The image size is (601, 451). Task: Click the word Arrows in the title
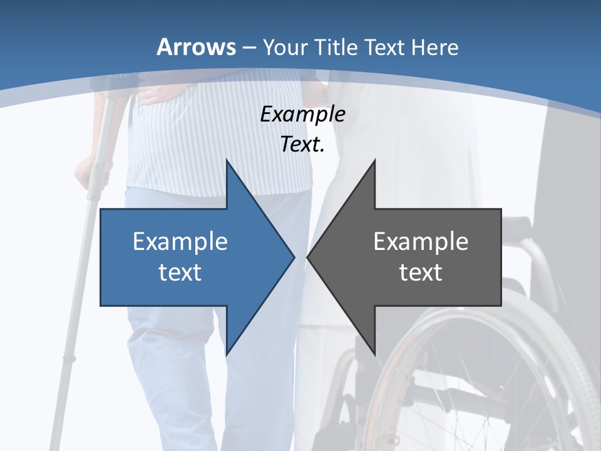point(196,47)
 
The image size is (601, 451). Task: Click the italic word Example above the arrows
point(302,114)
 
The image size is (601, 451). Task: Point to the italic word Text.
point(302,144)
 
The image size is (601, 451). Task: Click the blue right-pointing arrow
point(188,257)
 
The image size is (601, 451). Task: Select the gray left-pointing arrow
point(413,257)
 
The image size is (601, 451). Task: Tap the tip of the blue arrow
point(292,257)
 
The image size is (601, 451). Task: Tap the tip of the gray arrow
point(309,257)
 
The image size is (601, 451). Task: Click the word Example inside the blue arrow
point(180,241)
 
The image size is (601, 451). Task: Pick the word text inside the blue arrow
point(180,272)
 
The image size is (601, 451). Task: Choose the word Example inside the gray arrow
point(421,241)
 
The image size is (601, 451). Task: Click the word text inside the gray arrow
point(421,272)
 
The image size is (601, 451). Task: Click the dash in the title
point(249,48)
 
